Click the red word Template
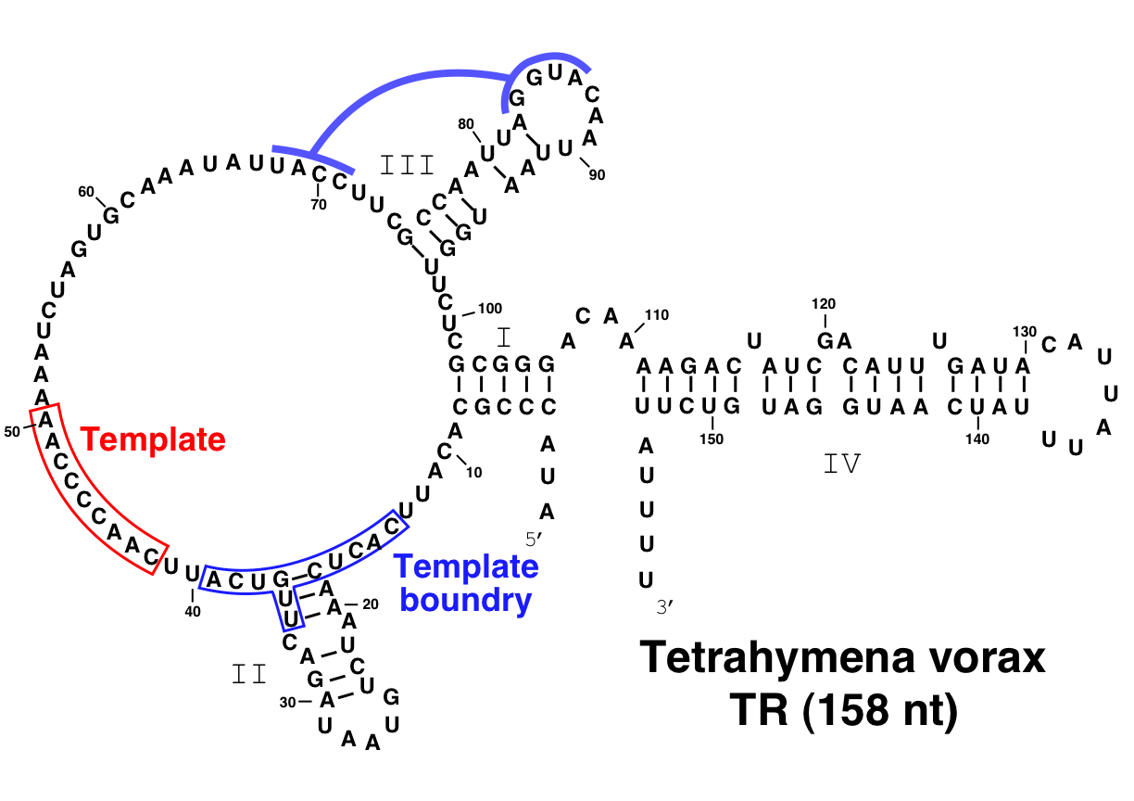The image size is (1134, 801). tap(153, 439)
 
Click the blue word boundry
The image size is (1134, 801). tap(466, 602)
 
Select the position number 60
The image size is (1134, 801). tap(86, 192)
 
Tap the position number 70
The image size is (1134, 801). tap(319, 205)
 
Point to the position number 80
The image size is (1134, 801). tap(466, 124)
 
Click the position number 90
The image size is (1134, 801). tap(597, 175)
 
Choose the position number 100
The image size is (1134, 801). tap(489, 309)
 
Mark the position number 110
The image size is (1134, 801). tap(657, 315)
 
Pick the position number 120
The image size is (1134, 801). tap(823, 304)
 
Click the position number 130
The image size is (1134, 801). tap(1025, 332)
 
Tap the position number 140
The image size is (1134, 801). tap(977, 439)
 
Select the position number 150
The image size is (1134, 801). tap(712, 439)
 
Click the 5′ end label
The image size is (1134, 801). tap(534, 540)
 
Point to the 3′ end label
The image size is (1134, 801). tap(664, 606)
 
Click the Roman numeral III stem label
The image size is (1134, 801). tap(407, 165)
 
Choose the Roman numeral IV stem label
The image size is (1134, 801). tap(842, 464)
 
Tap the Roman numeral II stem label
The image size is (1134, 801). tap(249, 674)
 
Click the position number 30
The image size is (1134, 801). tap(287, 703)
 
